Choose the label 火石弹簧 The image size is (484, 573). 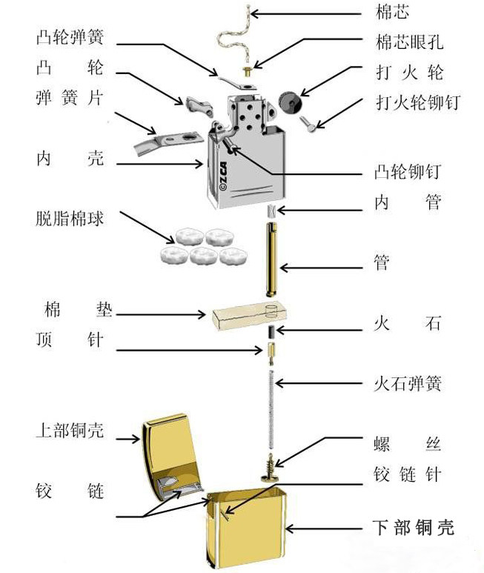pyautogui.click(x=407, y=384)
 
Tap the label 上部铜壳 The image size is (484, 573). pyautogui.click(x=70, y=430)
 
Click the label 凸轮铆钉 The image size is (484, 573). pyautogui.click(x=407, y=172)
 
